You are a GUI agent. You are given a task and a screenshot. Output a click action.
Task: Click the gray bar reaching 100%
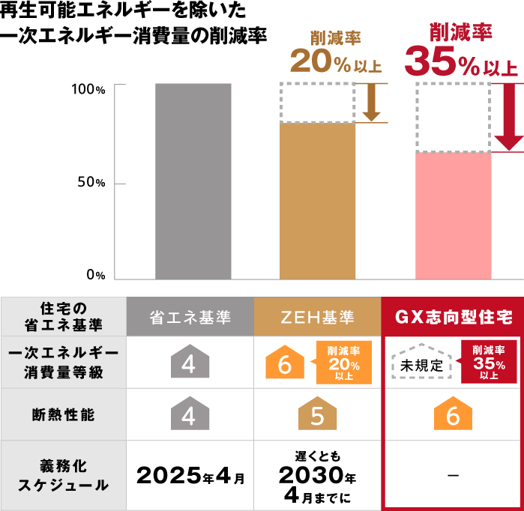coord(193,181)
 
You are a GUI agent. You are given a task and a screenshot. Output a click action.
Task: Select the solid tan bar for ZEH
coord(317,200)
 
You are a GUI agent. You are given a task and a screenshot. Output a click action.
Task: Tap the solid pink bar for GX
coord(453,215)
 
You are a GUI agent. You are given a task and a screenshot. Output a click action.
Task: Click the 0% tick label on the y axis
coord(95,275)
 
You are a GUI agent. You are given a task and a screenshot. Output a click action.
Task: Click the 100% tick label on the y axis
coord(89,89)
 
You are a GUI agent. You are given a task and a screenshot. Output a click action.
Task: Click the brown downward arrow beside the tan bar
coord(370,103)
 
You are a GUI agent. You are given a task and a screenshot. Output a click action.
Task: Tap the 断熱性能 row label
coord(63,414)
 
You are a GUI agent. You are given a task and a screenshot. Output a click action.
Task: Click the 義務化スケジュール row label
coord(63,475)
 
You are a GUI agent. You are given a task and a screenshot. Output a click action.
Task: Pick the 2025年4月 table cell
coord(189,475)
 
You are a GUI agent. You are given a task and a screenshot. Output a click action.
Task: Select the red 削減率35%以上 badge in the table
coord(488,362)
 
